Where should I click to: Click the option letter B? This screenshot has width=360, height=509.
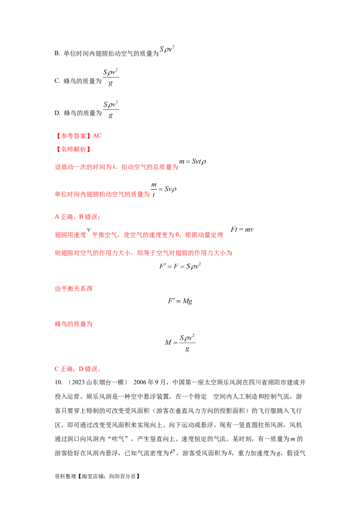[57, 53]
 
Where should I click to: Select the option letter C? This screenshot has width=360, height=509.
[57, 81]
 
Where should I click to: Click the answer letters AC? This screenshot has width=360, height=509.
[97, 136]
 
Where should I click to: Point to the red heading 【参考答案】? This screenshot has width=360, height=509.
[73, 136]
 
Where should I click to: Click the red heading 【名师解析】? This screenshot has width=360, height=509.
[73, 149]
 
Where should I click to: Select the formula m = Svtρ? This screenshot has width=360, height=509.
[193, 161]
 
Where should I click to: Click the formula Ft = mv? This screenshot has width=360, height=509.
[242, 229]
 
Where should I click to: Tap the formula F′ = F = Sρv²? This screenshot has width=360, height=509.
[180, 266]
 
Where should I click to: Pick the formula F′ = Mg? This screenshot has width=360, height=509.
[180, 301]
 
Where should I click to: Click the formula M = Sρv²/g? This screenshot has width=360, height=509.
[180, 343]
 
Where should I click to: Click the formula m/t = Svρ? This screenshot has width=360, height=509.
[163, 190]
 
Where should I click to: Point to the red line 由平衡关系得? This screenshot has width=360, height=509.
[74, 289]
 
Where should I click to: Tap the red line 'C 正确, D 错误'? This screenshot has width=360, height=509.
[78, 369]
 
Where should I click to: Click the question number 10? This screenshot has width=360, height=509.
[58, 382]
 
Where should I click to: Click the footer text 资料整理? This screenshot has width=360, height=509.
[66, 476]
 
